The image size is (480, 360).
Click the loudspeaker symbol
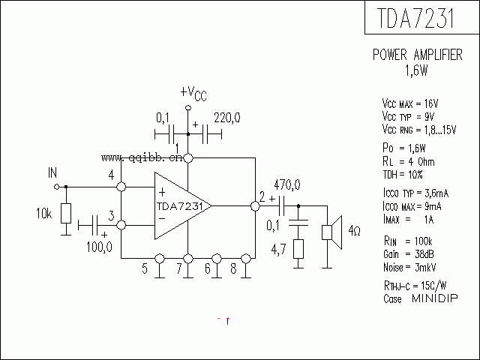tap(331, 232)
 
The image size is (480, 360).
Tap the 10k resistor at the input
tap(65, 214)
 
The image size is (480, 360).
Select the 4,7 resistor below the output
tap(298, 250)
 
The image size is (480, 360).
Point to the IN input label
tap(52, 173)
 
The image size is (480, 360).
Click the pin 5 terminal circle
tap(159, 259)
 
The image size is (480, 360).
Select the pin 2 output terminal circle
tap(255, 204)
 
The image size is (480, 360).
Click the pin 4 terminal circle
tap(121, 186)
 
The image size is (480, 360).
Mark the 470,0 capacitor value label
tap(287, 184)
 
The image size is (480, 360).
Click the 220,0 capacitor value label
tap(227, 118)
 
